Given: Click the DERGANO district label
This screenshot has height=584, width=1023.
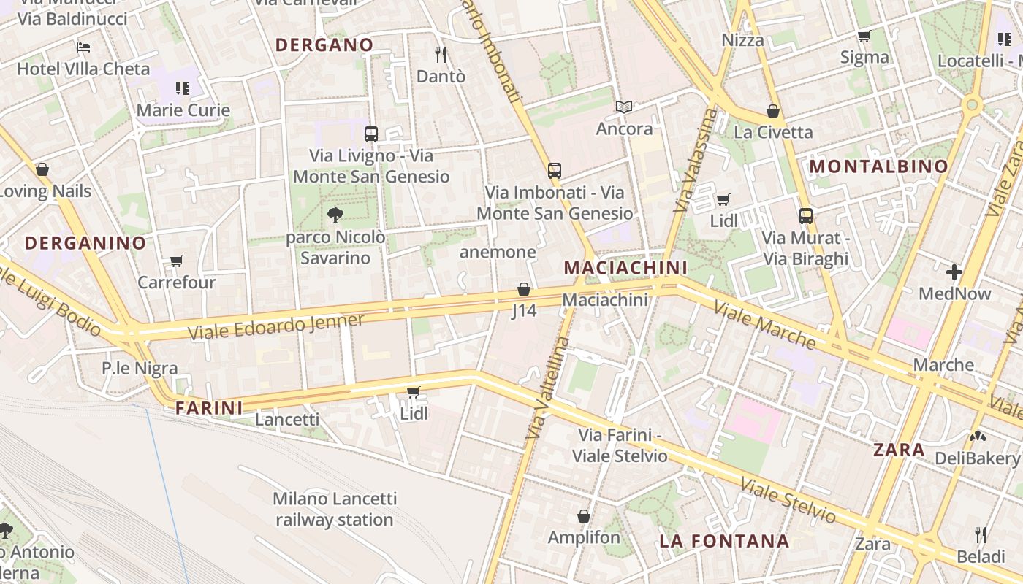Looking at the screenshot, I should (324, 45).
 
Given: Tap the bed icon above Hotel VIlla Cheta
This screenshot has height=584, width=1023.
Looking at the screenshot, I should (83, 47).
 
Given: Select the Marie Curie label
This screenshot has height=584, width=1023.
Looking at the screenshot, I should (183, 110).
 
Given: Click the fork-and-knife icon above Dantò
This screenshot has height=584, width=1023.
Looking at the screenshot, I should (441, 54).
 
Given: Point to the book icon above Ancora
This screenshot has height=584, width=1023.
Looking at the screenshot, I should (623, 107).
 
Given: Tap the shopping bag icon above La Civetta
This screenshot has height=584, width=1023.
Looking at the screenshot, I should (773, 111).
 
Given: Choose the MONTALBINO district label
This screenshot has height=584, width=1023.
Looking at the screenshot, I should (878, 166).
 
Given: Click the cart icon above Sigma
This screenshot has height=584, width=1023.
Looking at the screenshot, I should (864, 36).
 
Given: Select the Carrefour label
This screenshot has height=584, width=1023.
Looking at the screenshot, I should (177, 283).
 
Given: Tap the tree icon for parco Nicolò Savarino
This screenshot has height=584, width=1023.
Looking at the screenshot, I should (335, 215).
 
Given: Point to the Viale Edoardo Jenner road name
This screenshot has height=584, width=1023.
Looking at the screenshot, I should (276, 326).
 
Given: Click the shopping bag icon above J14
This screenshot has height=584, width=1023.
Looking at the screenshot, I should (524, 289).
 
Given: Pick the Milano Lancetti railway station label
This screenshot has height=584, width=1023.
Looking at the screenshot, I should (335, 510).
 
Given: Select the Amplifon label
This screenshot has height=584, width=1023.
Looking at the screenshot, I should (584, 537).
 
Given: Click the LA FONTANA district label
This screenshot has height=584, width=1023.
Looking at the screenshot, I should (724, 541).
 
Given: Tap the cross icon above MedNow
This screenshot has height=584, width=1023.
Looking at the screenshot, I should (954, 272).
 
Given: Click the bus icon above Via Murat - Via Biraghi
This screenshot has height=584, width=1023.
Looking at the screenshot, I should (806, 216).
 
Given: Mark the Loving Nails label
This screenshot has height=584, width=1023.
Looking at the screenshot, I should (45, 191).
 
